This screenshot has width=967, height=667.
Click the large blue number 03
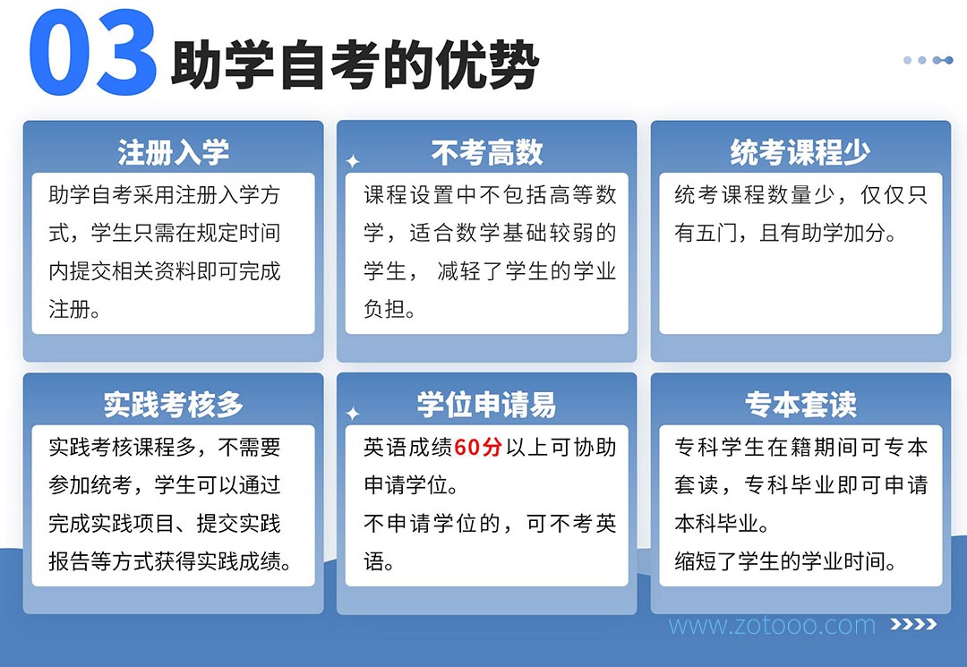click(92, 53)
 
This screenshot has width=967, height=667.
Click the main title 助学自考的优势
click(355, 64)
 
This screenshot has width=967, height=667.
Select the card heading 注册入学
click(174, 152)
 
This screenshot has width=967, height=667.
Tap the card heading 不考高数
click(486, 152)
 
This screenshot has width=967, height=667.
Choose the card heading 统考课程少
click(800, 152)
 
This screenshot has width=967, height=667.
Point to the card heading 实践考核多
click(174, 405)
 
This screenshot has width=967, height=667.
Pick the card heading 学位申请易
click(486, 405)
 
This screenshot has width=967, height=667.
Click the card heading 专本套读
click(800, 405)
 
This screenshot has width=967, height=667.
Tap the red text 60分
click(478, 447)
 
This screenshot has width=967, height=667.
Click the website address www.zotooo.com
click(772, 625)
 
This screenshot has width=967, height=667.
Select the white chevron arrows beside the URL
click(913, 624)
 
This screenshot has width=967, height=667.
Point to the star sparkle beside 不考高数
click(353, 161)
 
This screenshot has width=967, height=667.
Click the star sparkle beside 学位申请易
click(353, 414)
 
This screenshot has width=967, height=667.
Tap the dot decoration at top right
click(928, 60)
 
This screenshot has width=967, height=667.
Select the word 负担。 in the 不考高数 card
click(389, 309)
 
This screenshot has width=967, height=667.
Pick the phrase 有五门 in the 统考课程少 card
click(706, 233)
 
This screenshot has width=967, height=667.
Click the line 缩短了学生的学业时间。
click(785, 561)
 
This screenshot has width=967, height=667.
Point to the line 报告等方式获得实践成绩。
click(169, 561)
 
